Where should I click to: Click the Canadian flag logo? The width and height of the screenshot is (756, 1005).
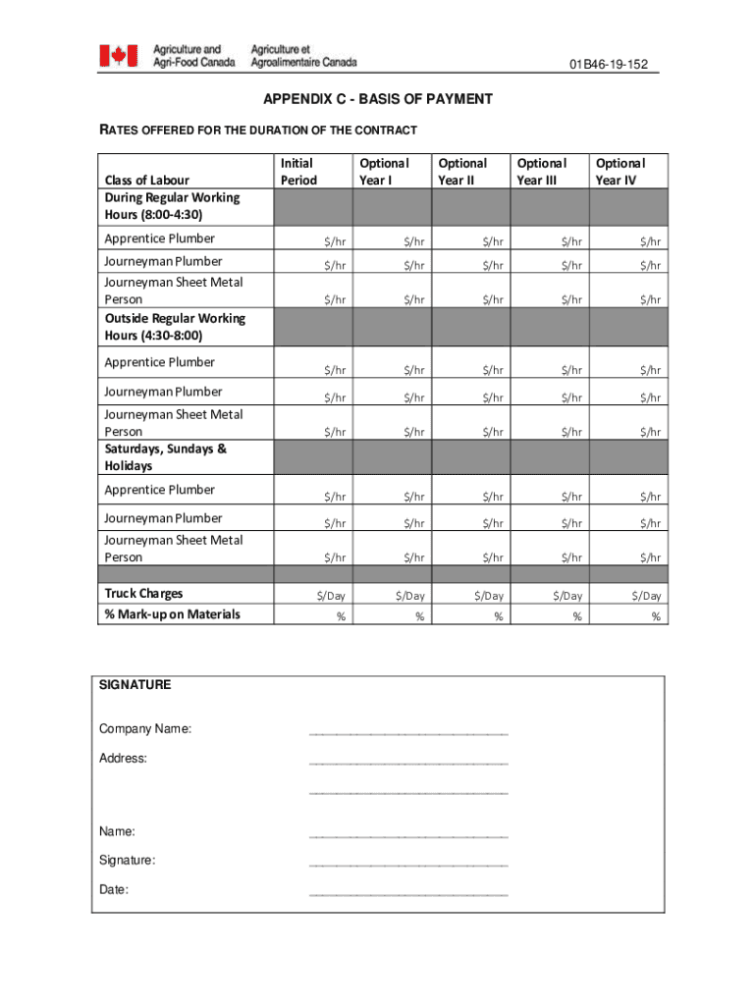[118, 56]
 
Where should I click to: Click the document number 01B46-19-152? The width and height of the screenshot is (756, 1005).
[609, 65]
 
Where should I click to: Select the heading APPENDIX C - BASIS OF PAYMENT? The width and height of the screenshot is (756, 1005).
[377, 99]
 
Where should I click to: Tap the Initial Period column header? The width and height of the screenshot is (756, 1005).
[298, 172]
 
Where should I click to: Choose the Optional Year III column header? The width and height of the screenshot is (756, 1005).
[541, 172]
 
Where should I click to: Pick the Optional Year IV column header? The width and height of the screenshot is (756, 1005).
[620, 172]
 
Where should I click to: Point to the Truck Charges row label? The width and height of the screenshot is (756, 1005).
[144, 593]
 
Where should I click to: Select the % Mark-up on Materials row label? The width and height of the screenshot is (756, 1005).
[172, 614]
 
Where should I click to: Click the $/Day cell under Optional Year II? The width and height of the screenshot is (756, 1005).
[488, 596]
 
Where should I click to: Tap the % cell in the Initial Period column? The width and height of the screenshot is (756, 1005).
[340, 616]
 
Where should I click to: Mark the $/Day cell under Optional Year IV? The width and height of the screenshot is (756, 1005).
[646, 596]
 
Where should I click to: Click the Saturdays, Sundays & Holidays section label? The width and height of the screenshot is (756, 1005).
[165, 457]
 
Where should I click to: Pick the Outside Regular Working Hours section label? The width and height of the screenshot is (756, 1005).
[175, 327]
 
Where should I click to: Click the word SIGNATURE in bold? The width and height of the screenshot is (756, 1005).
[135, 685]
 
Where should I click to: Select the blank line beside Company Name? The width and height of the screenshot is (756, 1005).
[407, 732]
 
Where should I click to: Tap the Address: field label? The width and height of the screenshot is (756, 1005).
[123, 759]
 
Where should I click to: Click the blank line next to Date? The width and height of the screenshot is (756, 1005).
[407, 894]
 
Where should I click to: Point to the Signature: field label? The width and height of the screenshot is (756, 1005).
[127, 861]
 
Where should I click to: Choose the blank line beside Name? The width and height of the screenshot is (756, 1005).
[407, 835]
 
